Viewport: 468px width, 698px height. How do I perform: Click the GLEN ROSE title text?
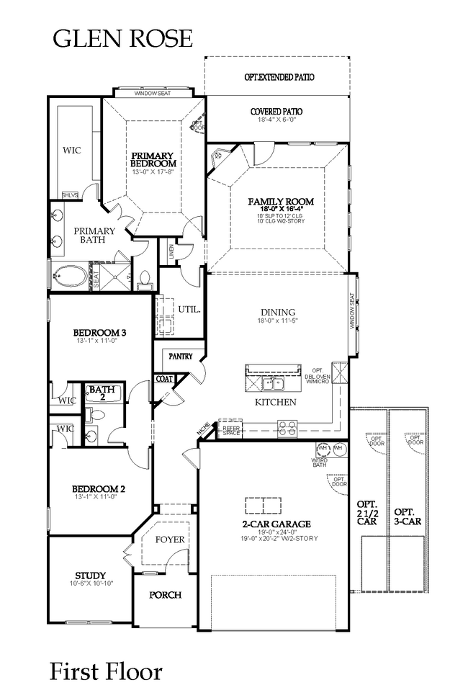tap(122, 38)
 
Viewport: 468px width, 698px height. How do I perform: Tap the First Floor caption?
tap(105, 671)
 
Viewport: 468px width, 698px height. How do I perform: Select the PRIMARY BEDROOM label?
tap(152, 159)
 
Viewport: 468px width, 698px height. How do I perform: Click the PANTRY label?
tap(180, 357)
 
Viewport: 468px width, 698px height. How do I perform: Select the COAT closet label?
tap(163, 379)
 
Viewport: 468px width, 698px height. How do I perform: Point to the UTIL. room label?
tap(189, 310)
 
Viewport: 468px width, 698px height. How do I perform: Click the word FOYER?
tap(170, 539)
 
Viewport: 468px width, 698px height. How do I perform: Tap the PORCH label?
tap(164, 595)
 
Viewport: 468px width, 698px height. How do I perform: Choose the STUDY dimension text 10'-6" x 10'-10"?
tap(91, 584)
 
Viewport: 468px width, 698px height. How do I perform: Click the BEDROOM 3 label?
tap(100, 332)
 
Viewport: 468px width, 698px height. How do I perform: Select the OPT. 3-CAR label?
tap(408, 515)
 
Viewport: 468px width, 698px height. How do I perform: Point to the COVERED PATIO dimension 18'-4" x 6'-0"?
tap(276, 121)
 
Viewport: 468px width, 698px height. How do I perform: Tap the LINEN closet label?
tap(170, 250)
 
